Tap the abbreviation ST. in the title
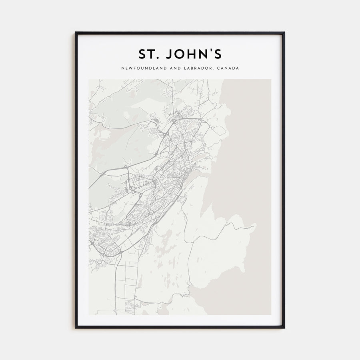coord(148,54)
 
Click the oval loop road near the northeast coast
coord(219,130)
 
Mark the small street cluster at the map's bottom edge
coord(130,306)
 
